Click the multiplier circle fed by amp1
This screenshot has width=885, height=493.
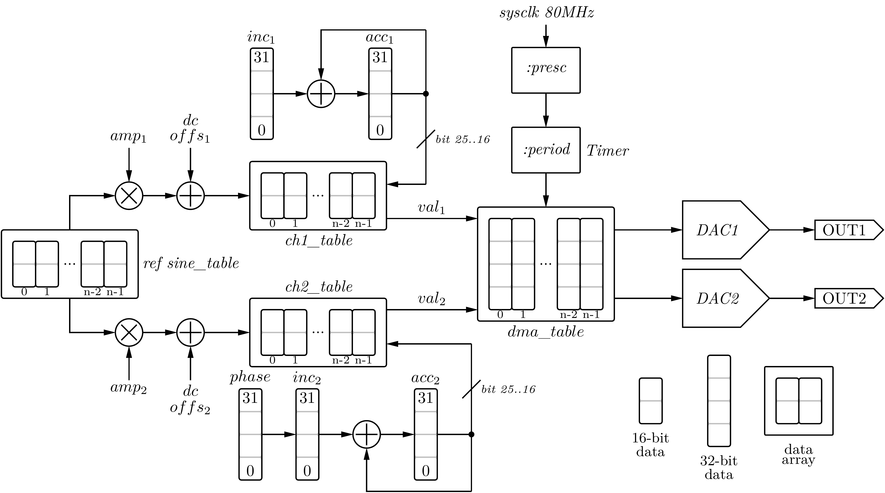[129, 196]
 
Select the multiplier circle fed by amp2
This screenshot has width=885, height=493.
[129, 332]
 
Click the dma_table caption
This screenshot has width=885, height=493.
[546, 332]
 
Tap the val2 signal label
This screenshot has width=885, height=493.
[432, 299]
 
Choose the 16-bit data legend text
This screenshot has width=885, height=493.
[650, 445]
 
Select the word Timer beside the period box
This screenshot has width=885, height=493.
[607, 151]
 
